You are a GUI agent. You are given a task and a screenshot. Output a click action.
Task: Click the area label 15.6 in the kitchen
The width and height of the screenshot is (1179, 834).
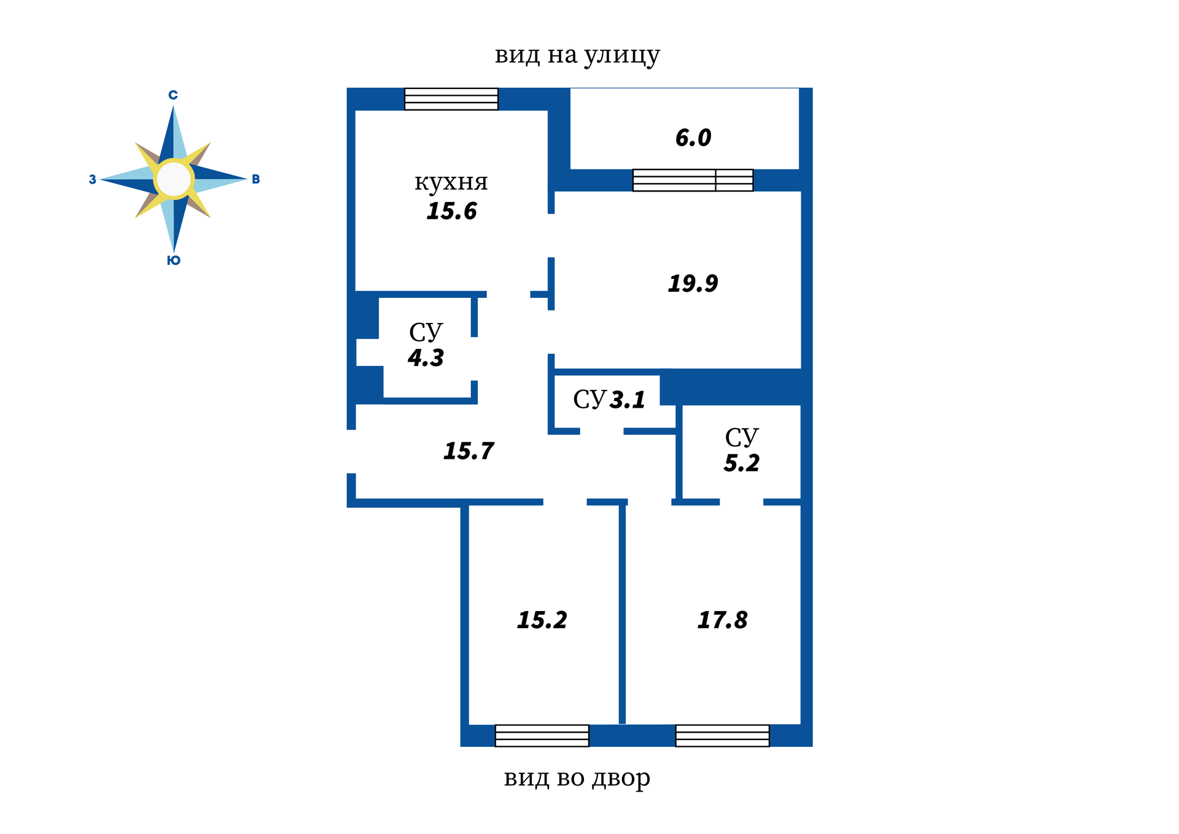[x=451, y=211]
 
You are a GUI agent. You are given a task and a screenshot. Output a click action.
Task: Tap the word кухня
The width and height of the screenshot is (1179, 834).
[x=451, y=182]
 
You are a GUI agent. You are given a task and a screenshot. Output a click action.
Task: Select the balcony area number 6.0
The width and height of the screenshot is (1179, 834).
[x=693, y=138]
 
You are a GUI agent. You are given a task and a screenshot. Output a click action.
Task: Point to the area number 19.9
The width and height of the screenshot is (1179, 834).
[x=693, y=283]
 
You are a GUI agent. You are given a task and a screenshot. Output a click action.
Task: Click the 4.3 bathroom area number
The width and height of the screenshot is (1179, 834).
[x=426, y=357]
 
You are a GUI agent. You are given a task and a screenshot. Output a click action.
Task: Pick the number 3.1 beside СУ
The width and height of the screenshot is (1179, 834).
[x=627, y=400]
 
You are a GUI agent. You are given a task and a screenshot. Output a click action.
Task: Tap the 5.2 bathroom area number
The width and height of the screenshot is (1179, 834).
[x=741, y=463]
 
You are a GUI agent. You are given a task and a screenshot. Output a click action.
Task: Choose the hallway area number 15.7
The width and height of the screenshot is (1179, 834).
[x=468, y=451]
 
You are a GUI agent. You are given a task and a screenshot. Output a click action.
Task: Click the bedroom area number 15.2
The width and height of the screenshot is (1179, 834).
[x=542, y=620]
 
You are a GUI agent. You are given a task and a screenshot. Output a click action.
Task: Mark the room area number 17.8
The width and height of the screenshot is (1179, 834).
[x=722, y=620]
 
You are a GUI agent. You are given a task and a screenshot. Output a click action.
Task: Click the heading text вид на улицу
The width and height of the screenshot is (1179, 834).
[x=577, y=55]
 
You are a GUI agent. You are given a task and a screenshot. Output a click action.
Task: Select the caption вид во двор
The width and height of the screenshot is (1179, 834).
[x=577, y=778]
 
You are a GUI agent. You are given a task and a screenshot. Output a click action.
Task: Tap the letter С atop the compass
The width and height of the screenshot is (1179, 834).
[x=173, y=95]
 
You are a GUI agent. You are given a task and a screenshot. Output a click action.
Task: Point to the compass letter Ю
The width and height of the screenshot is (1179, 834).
[x=173, y=260]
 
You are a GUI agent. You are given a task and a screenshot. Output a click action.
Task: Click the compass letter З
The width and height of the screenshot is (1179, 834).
[x=92, y=180]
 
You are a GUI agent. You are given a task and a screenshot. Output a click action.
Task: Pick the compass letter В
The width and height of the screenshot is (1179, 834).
[x=255, y=179]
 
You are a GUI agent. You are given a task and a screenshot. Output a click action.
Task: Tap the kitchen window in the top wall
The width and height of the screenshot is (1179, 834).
[x=451, y=99]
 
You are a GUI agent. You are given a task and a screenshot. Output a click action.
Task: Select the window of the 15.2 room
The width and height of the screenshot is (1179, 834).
[x=542, y=735]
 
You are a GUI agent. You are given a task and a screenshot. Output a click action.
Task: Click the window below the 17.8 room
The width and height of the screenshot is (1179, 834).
[x=722, y=735]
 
